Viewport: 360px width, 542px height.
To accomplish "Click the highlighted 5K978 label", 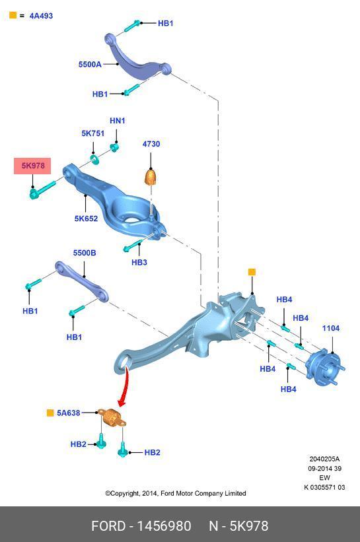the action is [32, 166].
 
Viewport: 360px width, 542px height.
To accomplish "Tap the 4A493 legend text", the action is [41, 16].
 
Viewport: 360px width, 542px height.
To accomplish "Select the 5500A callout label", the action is [90, 64].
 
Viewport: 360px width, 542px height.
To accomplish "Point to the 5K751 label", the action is [92, 133].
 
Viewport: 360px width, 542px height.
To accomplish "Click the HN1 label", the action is [117, 121].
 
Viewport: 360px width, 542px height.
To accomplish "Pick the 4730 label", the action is [151, 144].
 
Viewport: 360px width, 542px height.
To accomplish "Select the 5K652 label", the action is [86, 219].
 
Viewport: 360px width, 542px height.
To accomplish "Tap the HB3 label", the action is [139, 262].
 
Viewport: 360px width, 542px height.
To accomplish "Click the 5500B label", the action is [85, 253].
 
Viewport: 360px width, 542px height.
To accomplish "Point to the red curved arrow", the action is [125, 386].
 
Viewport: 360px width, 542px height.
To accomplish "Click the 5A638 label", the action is [69, 413].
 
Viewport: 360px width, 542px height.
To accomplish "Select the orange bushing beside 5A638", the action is [112, 417].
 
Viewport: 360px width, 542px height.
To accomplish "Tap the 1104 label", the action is [331, 328].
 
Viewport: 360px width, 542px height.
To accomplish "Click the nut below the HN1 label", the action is [114, 148].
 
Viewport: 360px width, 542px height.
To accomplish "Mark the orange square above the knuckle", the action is [252, 272].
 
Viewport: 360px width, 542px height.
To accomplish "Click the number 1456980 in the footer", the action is [164, 526].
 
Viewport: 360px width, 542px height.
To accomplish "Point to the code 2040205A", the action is [324, 459].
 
